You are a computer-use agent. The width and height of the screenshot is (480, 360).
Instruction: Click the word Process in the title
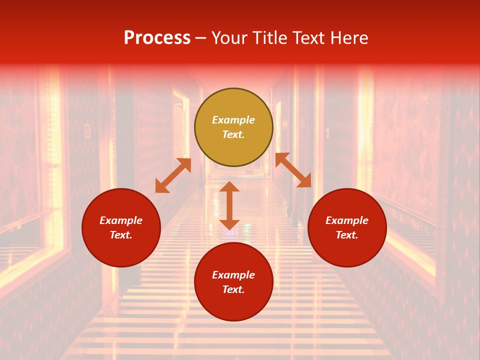(157, 38)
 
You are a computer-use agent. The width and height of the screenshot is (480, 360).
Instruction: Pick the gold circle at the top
(233, 127)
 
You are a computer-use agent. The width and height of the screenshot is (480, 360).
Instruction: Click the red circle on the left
(121, 228)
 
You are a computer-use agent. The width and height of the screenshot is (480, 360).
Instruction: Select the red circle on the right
(347, 228)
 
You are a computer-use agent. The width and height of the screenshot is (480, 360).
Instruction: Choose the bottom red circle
(233, 282)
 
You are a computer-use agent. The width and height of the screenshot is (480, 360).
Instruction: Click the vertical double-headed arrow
(229, 205)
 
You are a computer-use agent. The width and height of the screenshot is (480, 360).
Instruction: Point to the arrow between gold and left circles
(173, 175)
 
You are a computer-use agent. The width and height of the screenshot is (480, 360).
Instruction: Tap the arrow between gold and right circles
(293, 170)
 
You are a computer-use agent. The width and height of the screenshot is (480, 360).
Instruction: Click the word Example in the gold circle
(233, 120)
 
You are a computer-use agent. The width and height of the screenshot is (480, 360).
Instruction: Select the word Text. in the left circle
(121, 235)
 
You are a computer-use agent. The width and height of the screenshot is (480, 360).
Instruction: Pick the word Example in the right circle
(347, 220)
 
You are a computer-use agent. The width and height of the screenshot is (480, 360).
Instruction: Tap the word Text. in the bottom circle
(233, 289)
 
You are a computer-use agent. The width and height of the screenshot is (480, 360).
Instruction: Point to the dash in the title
(201, 38)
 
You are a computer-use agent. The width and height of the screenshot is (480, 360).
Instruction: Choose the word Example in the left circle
(121, 220)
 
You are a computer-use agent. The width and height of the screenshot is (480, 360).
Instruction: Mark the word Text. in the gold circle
(233, 134)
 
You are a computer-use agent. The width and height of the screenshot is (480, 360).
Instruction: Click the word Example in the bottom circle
(233, 275)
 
